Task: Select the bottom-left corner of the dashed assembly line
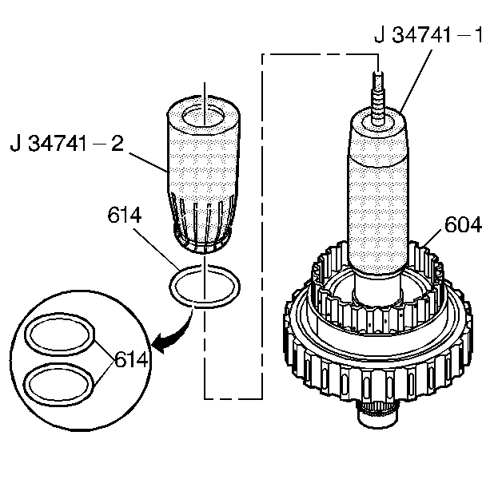(x=205, y=398)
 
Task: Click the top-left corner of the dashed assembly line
(x=264, y=53)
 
